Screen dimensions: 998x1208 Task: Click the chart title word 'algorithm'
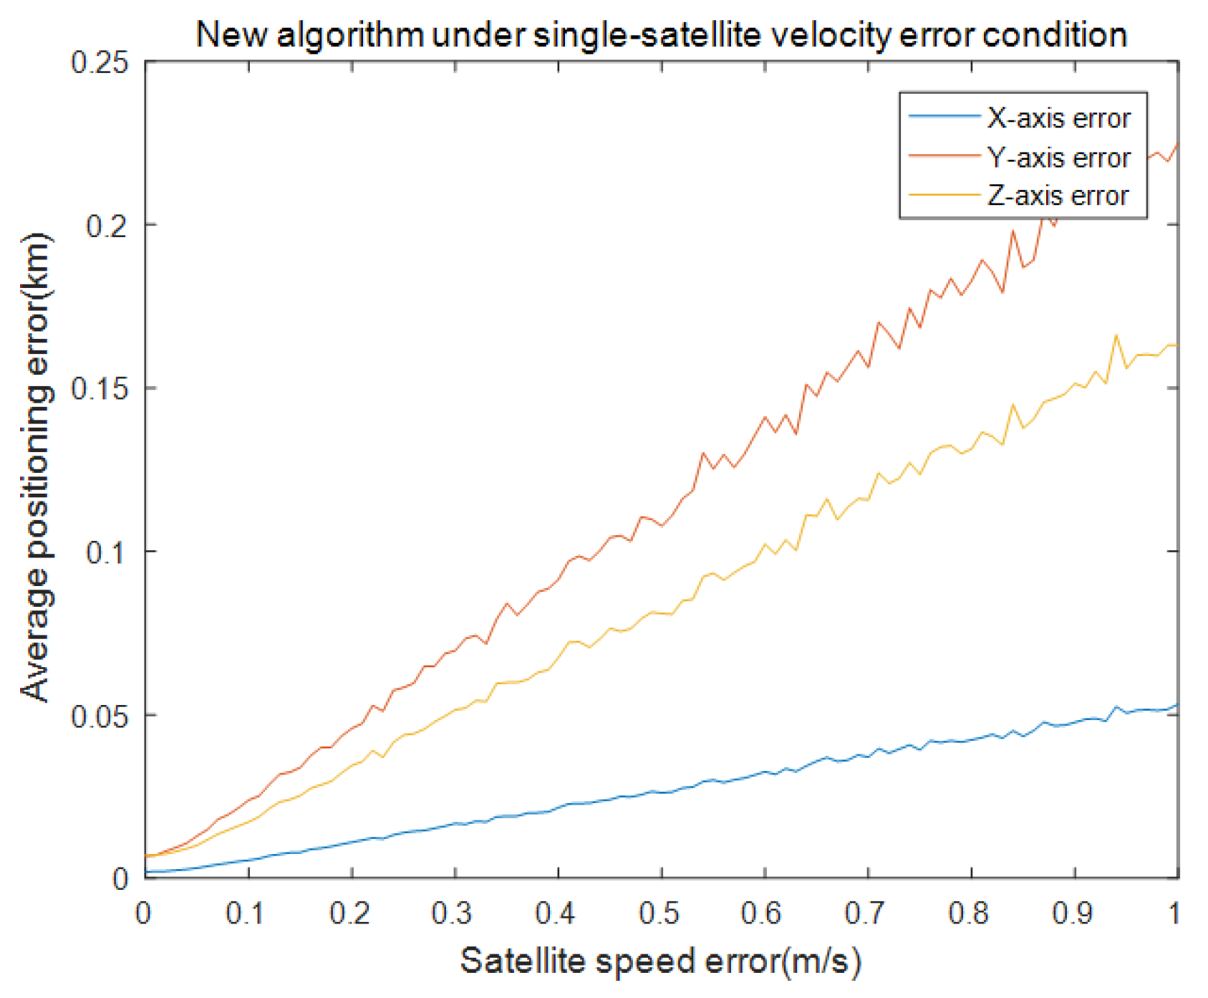(x=350, y=35)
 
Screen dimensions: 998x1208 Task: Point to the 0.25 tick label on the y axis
(x=100, y=62)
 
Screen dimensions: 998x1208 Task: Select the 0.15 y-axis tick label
(x=100, y=389)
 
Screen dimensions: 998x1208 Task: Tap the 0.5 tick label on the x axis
(x=659, y=913)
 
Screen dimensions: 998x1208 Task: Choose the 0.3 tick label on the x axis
(x=453, y=913)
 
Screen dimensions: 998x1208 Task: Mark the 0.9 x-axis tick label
(x=1073, y=913)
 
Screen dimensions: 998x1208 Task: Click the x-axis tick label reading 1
(x=1174, y=913)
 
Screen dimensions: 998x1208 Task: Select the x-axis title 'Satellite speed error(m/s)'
(x=660, y=961)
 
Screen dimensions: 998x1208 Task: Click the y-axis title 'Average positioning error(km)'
(x=36, y=467)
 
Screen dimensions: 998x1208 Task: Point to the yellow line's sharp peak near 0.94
(x=1116, y=335)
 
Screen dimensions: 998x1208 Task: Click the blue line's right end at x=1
(x=1177, y=705)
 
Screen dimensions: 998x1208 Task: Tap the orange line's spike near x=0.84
(x=1013, y=231)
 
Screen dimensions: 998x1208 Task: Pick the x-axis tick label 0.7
(x=866, y=913)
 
